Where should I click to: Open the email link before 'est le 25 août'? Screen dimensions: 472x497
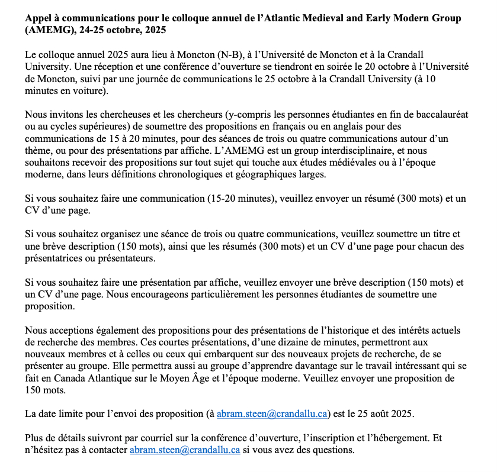pos(272,414)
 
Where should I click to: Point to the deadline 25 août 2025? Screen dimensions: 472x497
pos(383,414)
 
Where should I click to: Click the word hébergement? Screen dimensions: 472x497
pos(387,438)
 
